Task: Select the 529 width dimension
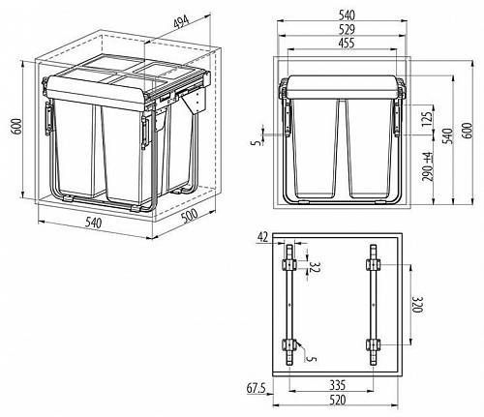347,29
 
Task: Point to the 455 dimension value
347,43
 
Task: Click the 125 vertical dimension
427,120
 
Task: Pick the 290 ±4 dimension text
427,167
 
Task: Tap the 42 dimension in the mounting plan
262,237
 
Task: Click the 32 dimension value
313,267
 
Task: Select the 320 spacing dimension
416,305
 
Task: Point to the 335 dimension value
338,385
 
